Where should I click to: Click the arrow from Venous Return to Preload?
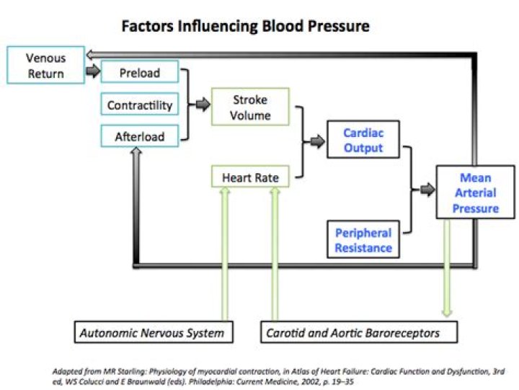[x=93, y=71]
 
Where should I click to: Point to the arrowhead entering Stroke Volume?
[x=206, y=105]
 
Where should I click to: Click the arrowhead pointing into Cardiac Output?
[x=320, y=142]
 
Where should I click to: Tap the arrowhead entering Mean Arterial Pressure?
[x=430, y=190]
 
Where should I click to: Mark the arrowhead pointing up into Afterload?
[x=136, y=151]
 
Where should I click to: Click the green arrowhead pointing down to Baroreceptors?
[x=447, y=313]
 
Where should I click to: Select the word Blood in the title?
[x=283, y=26]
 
